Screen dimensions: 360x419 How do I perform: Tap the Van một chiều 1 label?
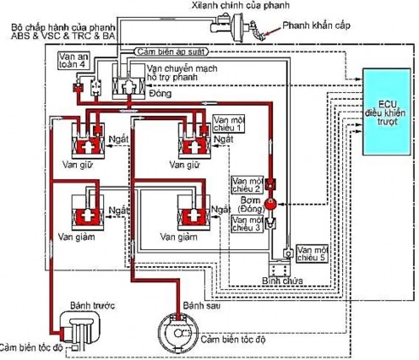(x=230, y=125)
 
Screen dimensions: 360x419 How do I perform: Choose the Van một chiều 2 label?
(x=247, y=183)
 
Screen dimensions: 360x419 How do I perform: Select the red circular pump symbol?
(x=272, y=204)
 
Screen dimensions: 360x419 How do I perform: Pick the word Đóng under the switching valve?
(x=157, y=96)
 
